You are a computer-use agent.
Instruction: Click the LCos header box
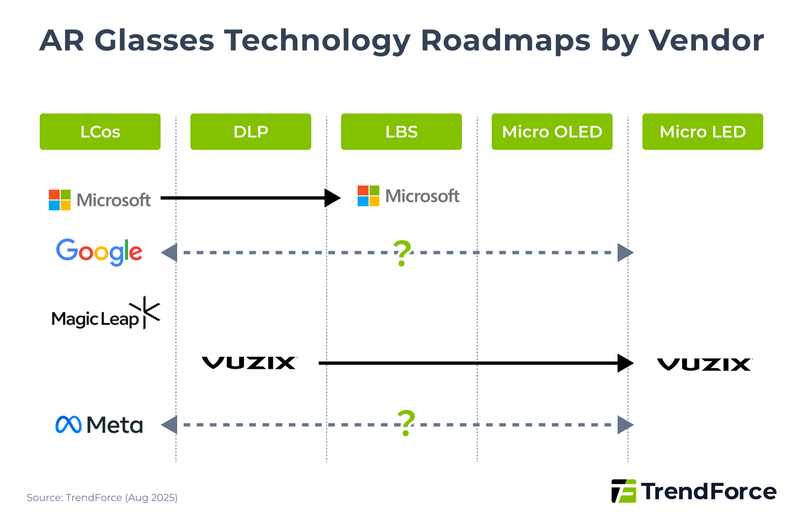click(100, 131)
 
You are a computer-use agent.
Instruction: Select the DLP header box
click(251, 131)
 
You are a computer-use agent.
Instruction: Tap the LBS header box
click(401, 131)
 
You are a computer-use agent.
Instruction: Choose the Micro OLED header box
click(552, 131)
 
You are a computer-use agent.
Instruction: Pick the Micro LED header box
click(703, 131)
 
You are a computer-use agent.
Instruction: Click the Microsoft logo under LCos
click(100, 200)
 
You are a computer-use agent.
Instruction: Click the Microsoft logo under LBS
click(408, 196)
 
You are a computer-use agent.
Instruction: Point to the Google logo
click(99, 252)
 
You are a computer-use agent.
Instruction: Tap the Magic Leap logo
click(105, 315)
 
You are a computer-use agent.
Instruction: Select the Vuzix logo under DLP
click(249, 363)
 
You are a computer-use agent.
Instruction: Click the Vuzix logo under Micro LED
click(704, 364)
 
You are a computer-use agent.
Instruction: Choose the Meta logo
click(99, 425)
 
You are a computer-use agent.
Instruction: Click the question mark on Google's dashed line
click(402, 253)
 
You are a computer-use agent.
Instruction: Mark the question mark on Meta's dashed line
click(406, 423)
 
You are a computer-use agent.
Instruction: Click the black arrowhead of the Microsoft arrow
click(332, 198)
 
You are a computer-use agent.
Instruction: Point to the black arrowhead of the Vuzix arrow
click(625, 363)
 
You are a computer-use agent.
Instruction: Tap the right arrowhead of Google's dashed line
click(625, 252)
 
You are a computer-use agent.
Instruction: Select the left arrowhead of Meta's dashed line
click(169, 425)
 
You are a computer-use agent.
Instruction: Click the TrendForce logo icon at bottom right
click(624, 491)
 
